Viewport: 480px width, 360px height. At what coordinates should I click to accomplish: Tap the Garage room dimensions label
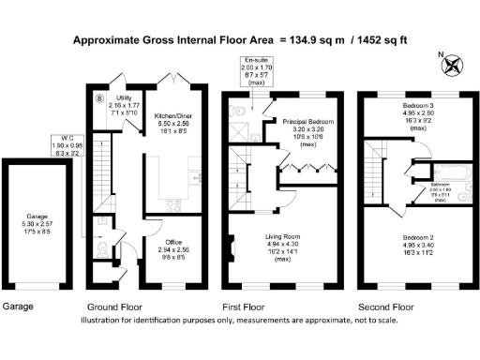(x=37, y=228)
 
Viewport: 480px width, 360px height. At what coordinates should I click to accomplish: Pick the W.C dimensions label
(x=66, y=145)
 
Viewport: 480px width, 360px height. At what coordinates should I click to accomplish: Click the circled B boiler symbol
(x=100, y=96)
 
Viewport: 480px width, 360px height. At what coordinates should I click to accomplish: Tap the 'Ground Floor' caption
(x=113, y=307)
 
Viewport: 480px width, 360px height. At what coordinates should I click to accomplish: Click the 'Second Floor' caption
(x=386, y=307)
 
